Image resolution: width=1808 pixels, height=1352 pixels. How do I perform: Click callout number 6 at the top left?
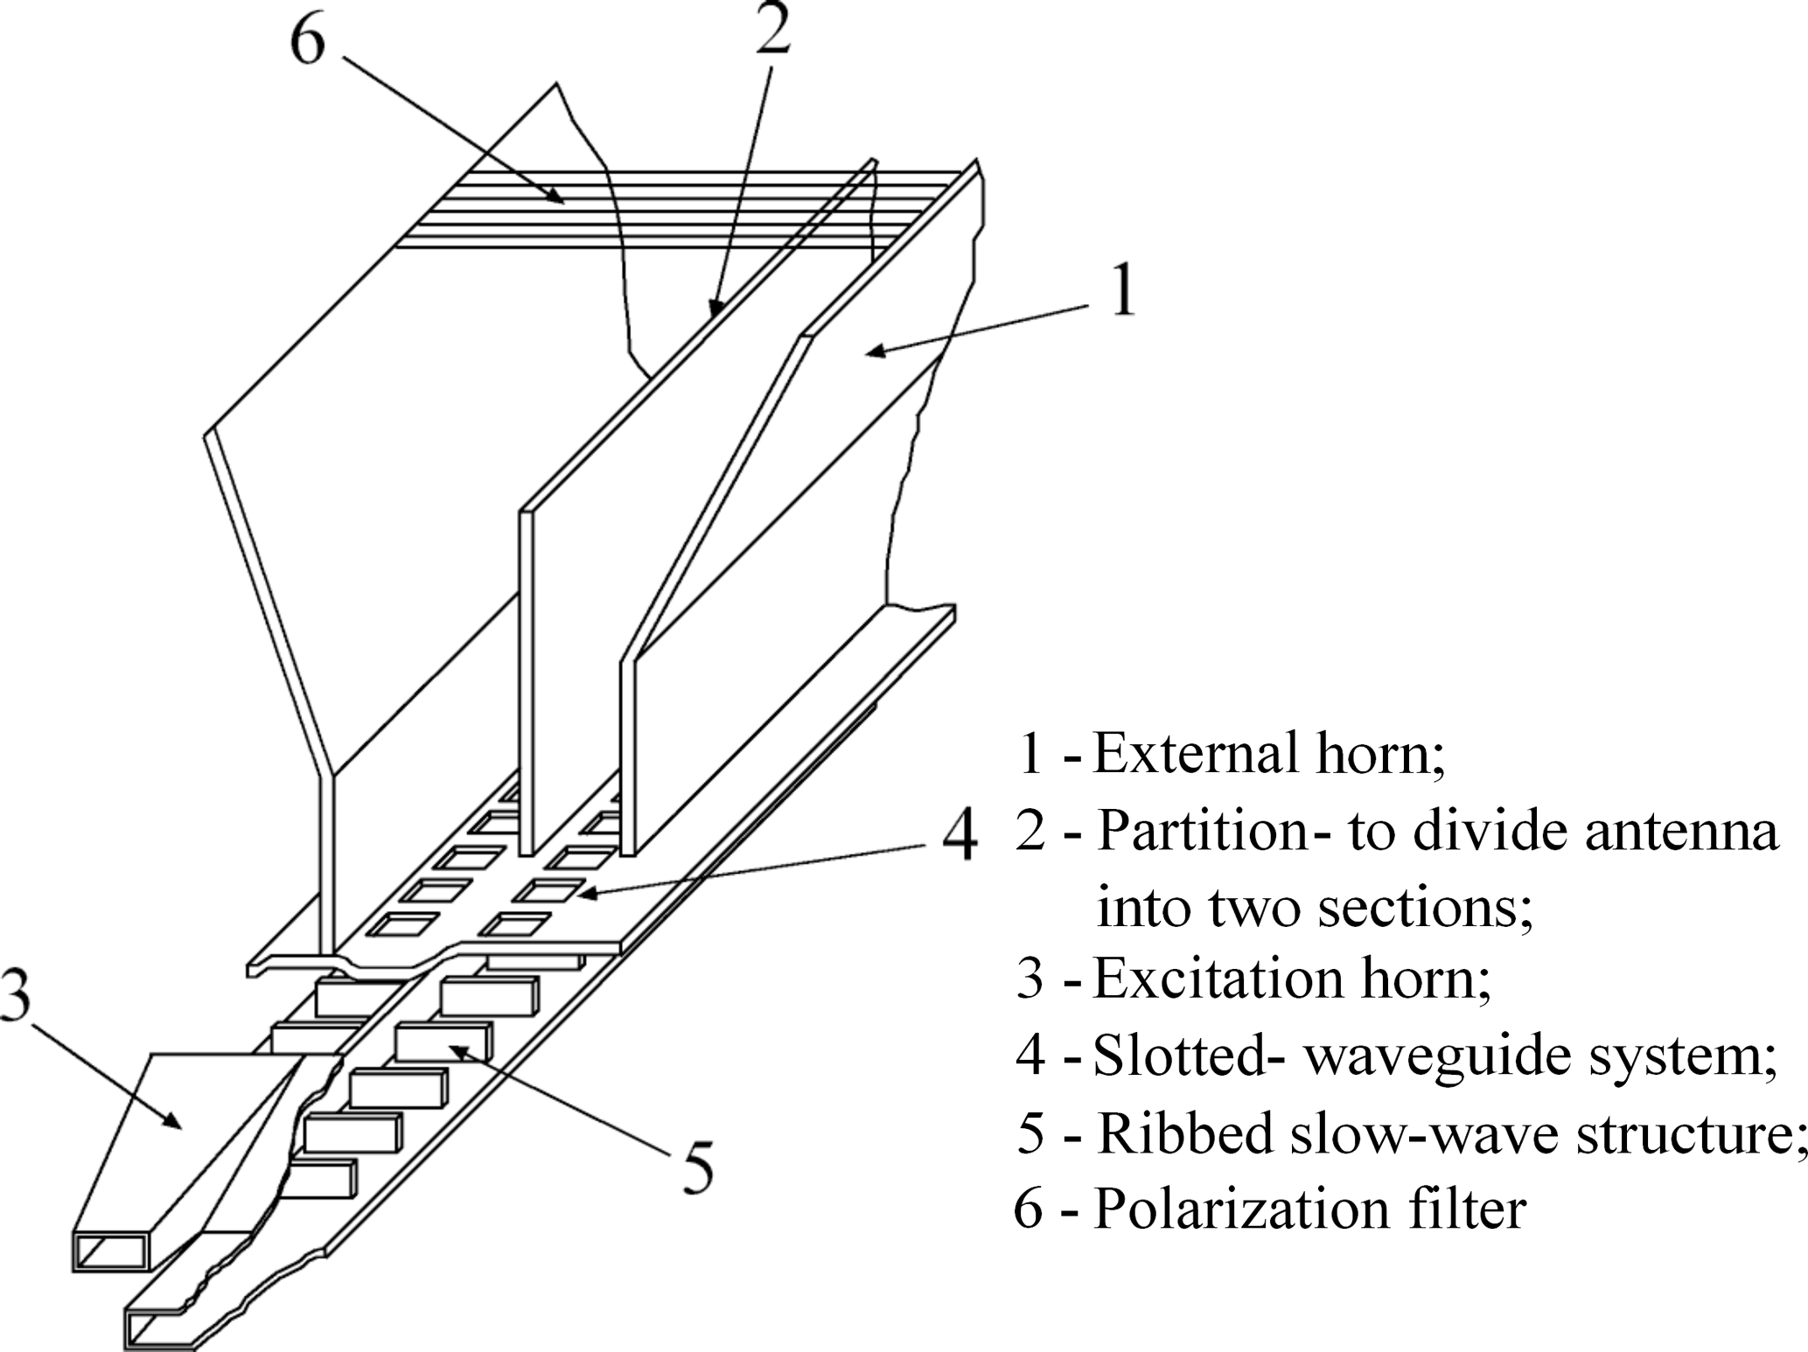(x=307, y=42)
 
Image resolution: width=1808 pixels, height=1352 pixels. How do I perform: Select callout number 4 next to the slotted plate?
(x=959, y=840)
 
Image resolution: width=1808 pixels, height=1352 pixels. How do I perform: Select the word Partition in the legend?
(x=1202, y=830)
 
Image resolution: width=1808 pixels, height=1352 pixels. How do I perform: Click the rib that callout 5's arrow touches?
(x=442, y=1041)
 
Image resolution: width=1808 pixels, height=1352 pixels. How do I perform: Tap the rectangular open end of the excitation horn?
(x=112, y=1251)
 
